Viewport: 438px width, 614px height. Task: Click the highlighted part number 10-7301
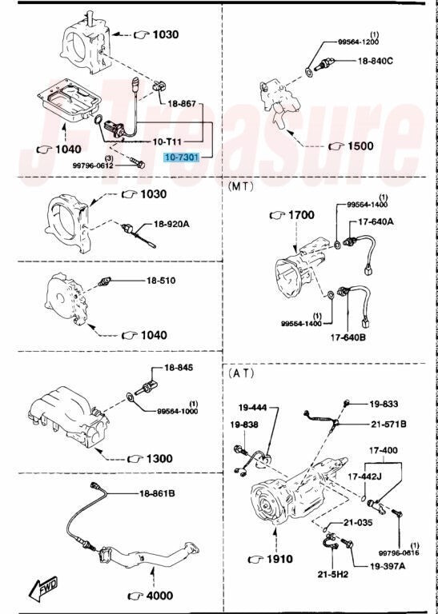[x=182, y=157]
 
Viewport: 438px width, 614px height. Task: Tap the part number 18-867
[x=181, y=104]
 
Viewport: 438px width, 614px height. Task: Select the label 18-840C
[x=376, y=61]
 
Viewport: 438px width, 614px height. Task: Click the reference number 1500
[x=361, y=146]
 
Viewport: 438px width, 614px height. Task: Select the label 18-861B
[x=157, y=493]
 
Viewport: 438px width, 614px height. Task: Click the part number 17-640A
[x=376, y=221]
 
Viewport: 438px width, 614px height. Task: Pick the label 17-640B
[x=348, y=337]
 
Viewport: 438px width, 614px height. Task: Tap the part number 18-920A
[x=171, y=224]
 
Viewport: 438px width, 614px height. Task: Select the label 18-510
[x=161, y=281]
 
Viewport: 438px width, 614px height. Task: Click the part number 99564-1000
[x=178, y=411]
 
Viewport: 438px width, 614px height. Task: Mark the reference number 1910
[x=279, y=559]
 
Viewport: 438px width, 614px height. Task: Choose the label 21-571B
[x=388, y=424]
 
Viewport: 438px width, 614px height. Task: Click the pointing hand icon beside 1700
[x=277, y=215]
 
